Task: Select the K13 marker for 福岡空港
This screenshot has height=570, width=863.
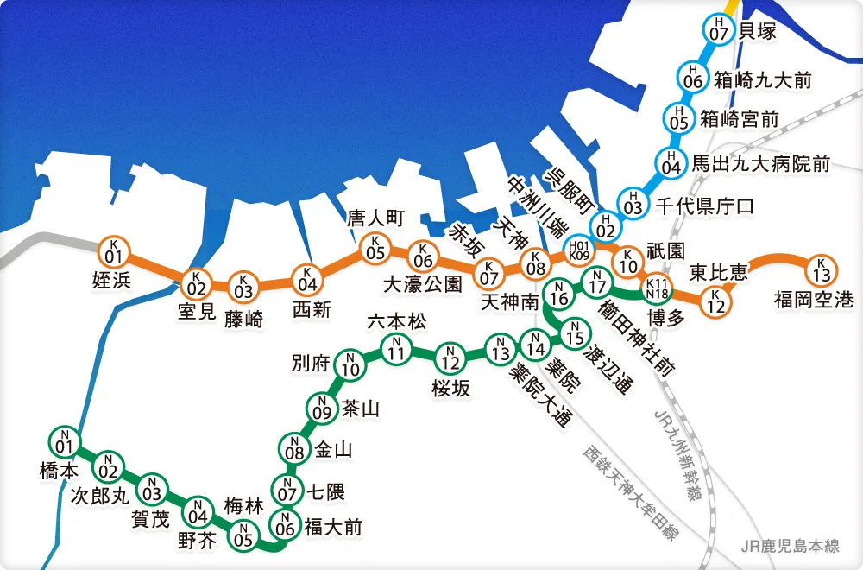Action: pyautogui.click(x=821, y=270)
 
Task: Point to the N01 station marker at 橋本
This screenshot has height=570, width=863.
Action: pyautogui.click(x=62, y=441)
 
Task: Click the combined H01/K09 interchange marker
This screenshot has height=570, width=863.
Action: pyautogui.click(x=578, y=250)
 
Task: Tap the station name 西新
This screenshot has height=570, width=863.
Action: pyautogui.click(x=312, y=308)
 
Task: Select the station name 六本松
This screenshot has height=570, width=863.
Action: pyautogui.click(x=397, y=321)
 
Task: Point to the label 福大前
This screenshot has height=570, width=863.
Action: pyautogui.click(x=333, y=526)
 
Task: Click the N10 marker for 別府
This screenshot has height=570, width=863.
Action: pyautogui.click(x=350, y=366)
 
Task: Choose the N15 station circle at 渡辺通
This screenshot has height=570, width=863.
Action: pyautogui.click(x=573, y=330)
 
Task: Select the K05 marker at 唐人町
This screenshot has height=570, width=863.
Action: pyautogui.click(x=375, y=249)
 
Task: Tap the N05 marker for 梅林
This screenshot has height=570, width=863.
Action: pyautogui.click(x=244, y=535)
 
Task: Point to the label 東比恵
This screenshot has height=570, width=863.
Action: pyautogui.click(x=718, y=274)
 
